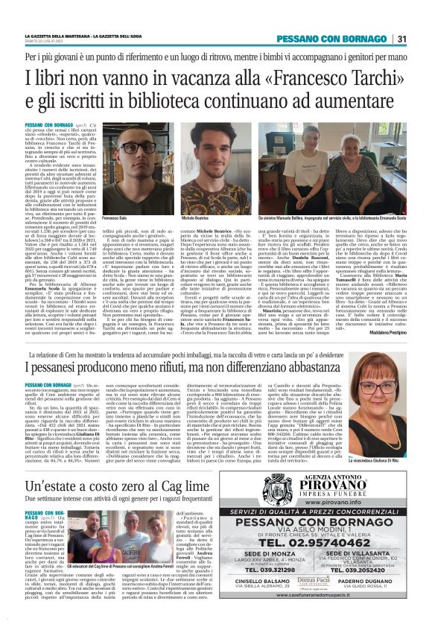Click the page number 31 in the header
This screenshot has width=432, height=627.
pos(401,39)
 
